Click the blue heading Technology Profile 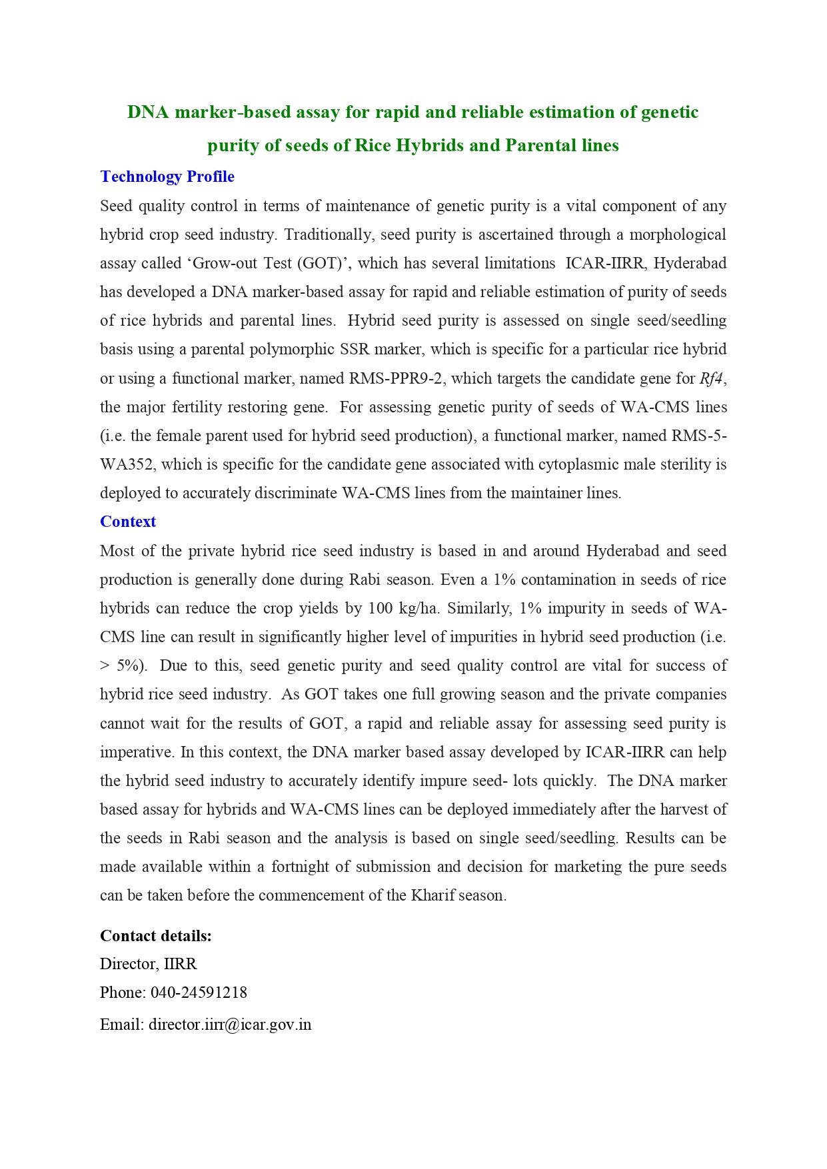pyautogui.click(x=167, y=177)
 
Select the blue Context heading pyautogui.click(x=128, y=522)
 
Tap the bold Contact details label pyautogui.click(x=156, y=937)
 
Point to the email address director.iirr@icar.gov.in pyautogui.click(x=230, y=1025)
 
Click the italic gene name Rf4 pyautogui.click(x=711, y=379)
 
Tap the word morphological pyautogui.click(x=678, y=235)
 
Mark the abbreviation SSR pyautogui.click(x=355, y=350)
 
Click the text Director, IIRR pyautogui.click(x=148, y=965)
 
